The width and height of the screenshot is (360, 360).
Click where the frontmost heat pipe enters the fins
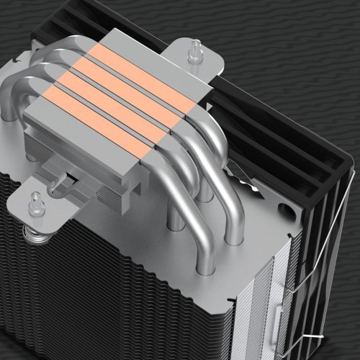pos(234,238)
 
